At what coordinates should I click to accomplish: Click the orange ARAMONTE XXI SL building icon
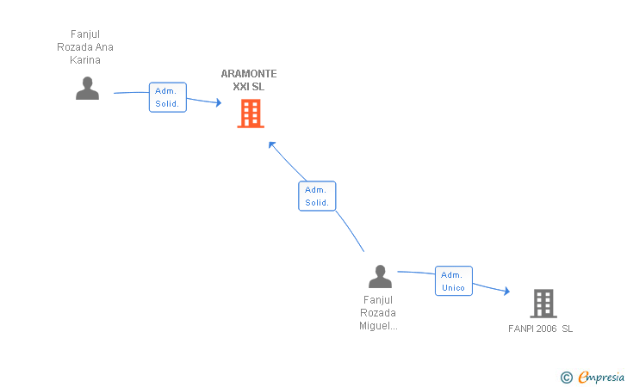click(x=251, y=114)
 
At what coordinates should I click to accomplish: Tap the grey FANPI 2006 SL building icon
click(x=543, y=304)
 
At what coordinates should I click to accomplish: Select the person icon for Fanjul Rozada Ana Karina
click(x=87, y=89)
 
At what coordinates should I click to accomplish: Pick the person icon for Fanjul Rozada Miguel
click(x=380, y=276)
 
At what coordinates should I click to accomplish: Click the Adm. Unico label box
click(x=454, y=281)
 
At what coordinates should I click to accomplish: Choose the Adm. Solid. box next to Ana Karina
click(x=168, y=97)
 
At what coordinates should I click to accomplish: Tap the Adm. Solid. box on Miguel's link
click(x=317, y=196)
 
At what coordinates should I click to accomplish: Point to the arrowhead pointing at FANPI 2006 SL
click(x=507, y=291)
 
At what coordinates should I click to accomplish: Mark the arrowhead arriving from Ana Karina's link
click(x=219, y=102)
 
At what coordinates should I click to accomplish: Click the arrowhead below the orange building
click(x=272, y=145)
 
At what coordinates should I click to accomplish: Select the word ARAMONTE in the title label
click(x=249, y=74)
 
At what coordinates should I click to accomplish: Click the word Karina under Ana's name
click(x=85, y=60)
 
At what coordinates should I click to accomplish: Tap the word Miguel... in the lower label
click(x=378, y=326)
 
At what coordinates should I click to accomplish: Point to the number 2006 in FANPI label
click(x=546, y=329)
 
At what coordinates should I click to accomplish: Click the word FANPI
click(x=521, y=329)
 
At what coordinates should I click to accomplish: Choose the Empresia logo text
click(x=601, y=377)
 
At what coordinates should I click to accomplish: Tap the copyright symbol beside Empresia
click(x=567, y=378)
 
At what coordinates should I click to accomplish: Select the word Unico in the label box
click(x=453, y=288)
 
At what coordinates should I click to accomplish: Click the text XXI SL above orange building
click(x=249, y=87)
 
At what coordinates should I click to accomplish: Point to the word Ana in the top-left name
click(x=104, y=47)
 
